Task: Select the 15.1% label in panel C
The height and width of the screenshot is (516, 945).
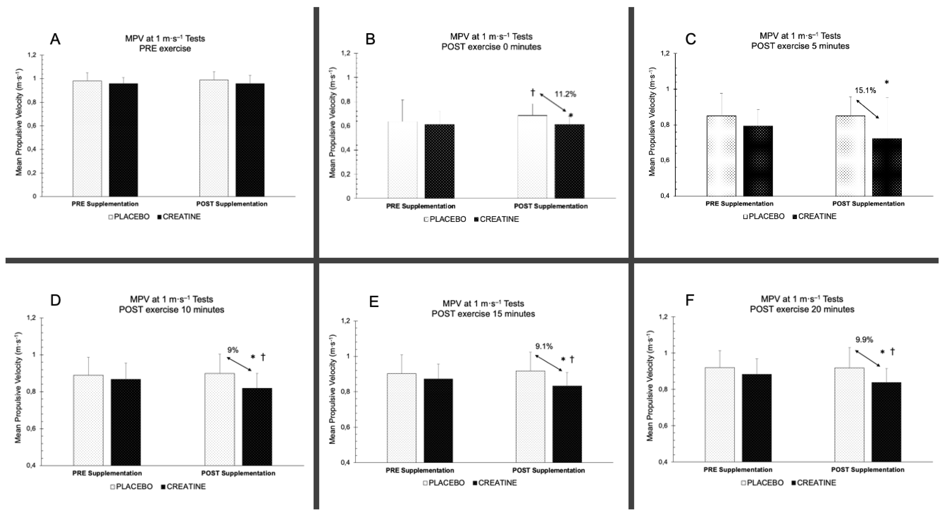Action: coord(865,90)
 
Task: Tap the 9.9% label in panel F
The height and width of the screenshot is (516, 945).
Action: coord(864,340)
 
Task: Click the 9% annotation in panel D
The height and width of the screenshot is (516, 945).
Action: coord(233,350)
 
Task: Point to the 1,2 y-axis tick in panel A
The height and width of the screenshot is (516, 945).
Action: coord(32,55)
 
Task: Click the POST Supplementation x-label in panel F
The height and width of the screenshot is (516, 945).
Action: coord(868,469)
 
